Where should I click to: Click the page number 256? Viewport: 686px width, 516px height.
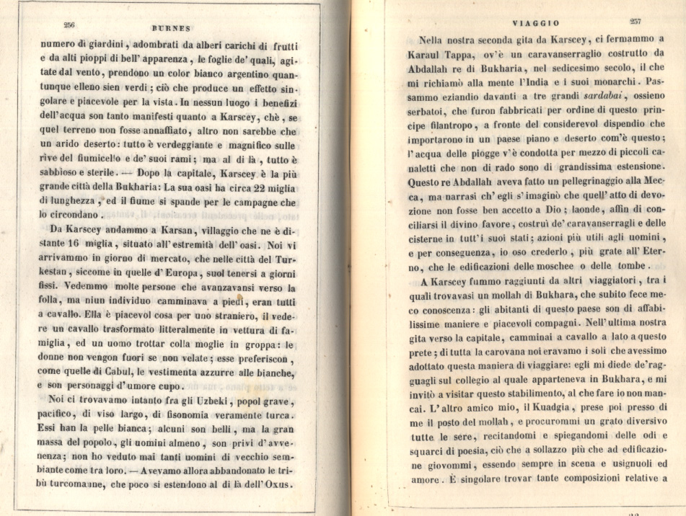click(x=70, y=25)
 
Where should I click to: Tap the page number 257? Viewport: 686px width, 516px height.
click(x=637, y=22)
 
